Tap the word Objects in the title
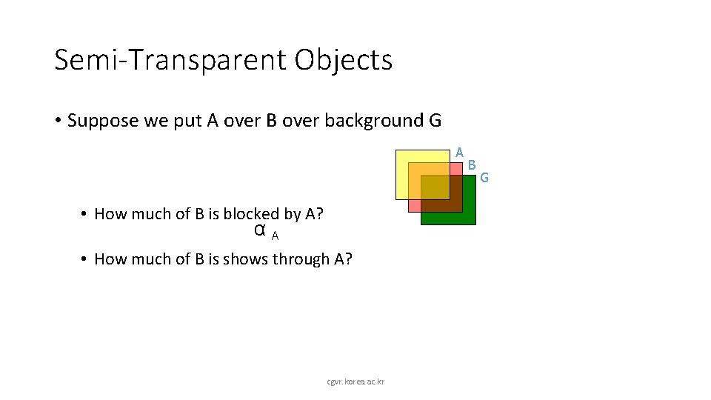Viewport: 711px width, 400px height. click(x=343, y=60)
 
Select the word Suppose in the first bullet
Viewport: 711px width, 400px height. click(x=103, y=121)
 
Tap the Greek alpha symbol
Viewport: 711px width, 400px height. click(x=260, y=230)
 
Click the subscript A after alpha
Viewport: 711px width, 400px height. click(x=275, y=236)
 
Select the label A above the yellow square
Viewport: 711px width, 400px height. click(x=459, y=152)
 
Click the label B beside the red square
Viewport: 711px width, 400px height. click(x=472, y=164)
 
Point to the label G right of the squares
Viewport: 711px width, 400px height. click(x=484, y=177)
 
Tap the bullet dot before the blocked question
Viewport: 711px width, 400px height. click(x=85, y=215)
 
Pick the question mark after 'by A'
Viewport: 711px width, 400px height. click(x=319, y=214)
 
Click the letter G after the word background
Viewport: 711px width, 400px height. click(x=435, y=121)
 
